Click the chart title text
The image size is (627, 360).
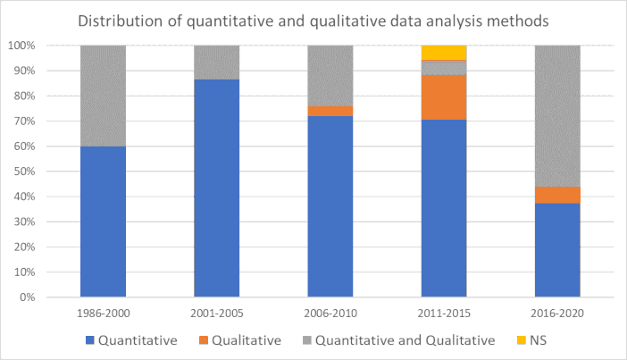313,20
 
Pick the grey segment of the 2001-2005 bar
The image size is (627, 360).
216,62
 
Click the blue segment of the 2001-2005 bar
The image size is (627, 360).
216,188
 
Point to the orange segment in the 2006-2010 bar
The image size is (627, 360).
330,111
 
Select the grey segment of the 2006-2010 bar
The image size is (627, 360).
330,75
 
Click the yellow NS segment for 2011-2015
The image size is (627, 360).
443,52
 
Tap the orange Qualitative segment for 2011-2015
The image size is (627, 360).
443,96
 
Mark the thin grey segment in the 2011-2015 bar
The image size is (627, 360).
443,67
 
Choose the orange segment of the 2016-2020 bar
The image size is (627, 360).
557,195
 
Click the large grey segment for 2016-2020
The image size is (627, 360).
557,115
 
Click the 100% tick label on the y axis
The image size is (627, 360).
46,46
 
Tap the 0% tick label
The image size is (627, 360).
52,297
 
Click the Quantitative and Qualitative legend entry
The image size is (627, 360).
401,339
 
